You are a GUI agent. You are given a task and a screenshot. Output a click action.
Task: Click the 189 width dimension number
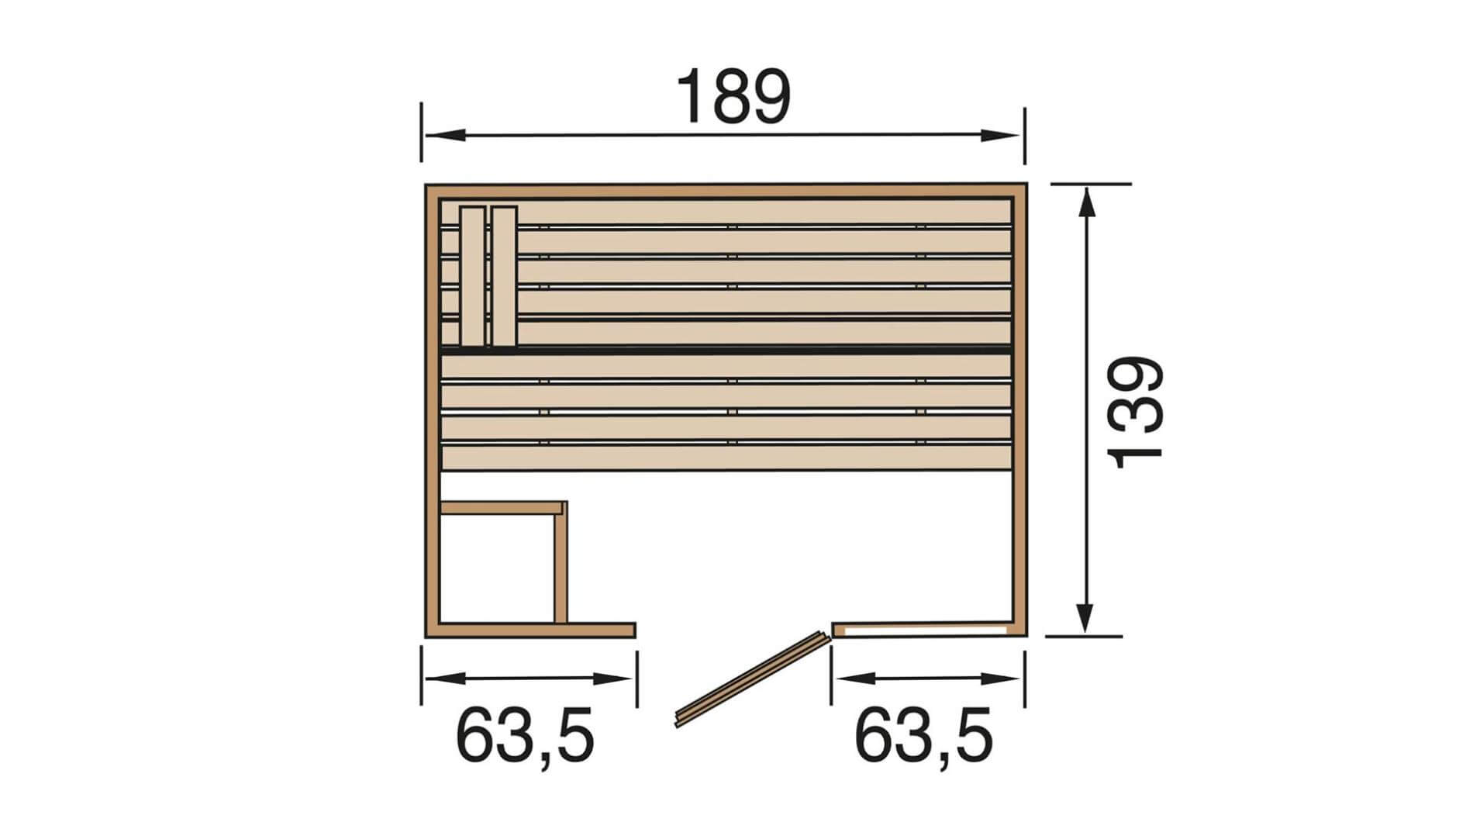(x=733, y=97)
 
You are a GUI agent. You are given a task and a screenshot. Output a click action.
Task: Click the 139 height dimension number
(x=1137, y=413)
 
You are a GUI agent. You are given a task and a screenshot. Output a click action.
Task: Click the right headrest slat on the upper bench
(x=504, y=276)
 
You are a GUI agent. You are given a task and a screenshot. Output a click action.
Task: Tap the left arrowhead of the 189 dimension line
(x=445, y=135)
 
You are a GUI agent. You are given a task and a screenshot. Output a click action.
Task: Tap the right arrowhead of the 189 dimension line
(x=1000, y=135)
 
